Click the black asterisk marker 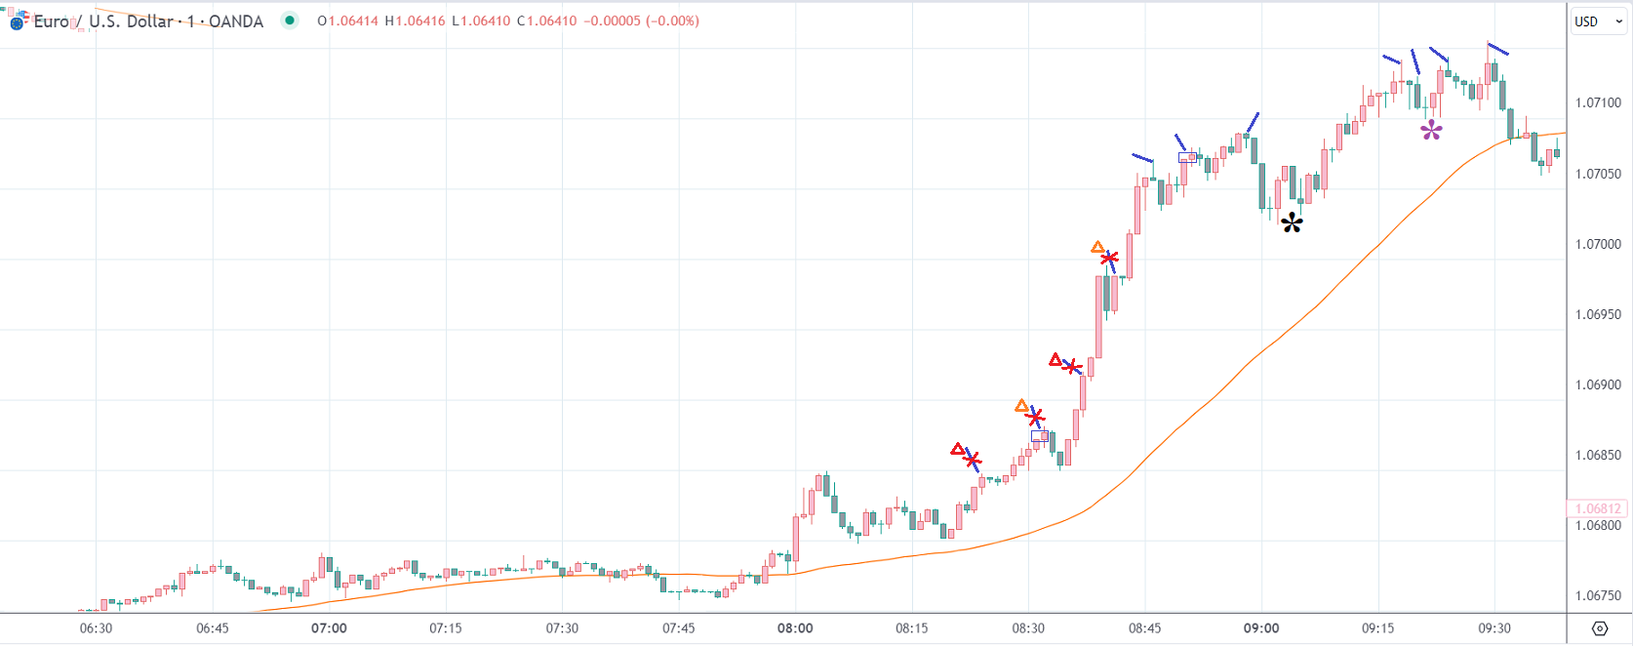click(x=1292, y=223)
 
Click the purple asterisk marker click(x=1431, y=131)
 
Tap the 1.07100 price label click(x=1598, y=102)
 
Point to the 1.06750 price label click(x=1598, y=595)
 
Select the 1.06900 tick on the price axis click(x=1598, y=384)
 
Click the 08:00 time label click(x=795, y=628)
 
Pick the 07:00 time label click(x=329, y=628)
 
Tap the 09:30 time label click(x=1494, y=628)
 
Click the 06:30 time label click(x=96, y=628)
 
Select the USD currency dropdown click(x=1597, y=21)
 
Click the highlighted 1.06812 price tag click(x=1597, y=508)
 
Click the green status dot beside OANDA click(x=290, y=20)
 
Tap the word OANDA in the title click(x=236, y=21)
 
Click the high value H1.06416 click(x=415, y=20)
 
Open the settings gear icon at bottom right click(x=1600, y=628)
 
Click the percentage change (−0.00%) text click(x=672, y=20)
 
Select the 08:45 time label click(x=1144, y=628)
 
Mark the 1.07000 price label click(x=1598, y=244)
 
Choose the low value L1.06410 click(x=481, y=20)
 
